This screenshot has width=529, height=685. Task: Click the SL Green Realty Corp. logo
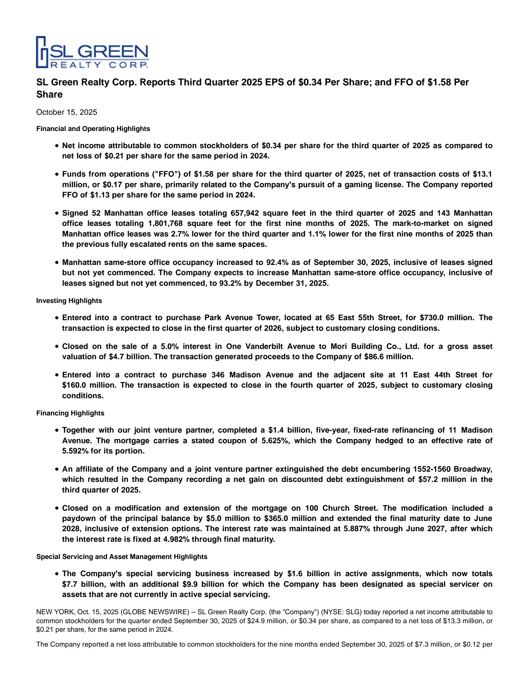pyautogui.click(x=92, y=52)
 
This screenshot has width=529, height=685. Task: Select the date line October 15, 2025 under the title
pyautogui.click(x=66, y=112)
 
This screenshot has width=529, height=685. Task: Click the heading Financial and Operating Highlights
pyautogui.click(x=93, y=129)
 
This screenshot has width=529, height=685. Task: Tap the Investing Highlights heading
pyautogui.click(x=69, y=301)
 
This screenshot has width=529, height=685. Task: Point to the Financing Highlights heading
pyautogui.click(x=70, y=413)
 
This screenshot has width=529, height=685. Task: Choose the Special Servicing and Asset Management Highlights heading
pyautogui.click(x=122, y=557)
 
